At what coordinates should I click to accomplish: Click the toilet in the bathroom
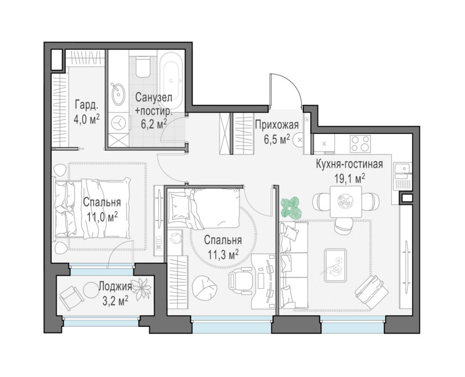142,67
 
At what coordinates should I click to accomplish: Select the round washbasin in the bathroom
118,95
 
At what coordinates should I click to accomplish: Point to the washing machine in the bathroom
118,123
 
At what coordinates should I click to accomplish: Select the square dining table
346,202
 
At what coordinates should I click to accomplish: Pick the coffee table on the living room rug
336,265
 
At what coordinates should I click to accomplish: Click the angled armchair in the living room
370,291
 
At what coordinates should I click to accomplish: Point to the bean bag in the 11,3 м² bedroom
204,287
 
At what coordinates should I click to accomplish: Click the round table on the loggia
91,290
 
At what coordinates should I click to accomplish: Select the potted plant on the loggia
141,289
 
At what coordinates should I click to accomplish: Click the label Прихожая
276,125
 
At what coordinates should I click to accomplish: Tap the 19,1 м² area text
350,179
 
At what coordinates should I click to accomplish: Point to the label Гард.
86,105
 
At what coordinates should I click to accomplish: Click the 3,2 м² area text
115,301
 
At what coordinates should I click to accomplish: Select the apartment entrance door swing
286,90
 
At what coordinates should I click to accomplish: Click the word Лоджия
115,286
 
